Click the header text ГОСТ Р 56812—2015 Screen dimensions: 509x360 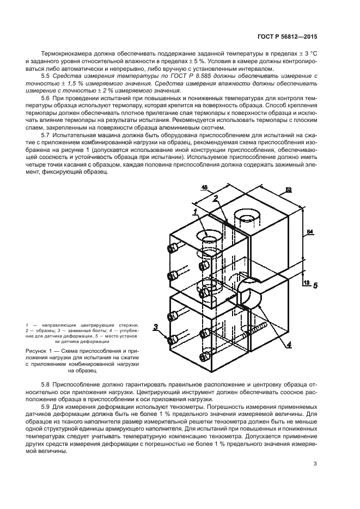point(286,38)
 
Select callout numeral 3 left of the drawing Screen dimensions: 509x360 point(155,327)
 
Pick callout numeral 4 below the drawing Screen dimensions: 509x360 point(289,344)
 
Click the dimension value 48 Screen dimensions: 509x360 point(205,188)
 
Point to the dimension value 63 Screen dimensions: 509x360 point(288,190)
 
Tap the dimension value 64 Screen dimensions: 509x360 point(309,232)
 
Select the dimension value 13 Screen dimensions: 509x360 point(307,283)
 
